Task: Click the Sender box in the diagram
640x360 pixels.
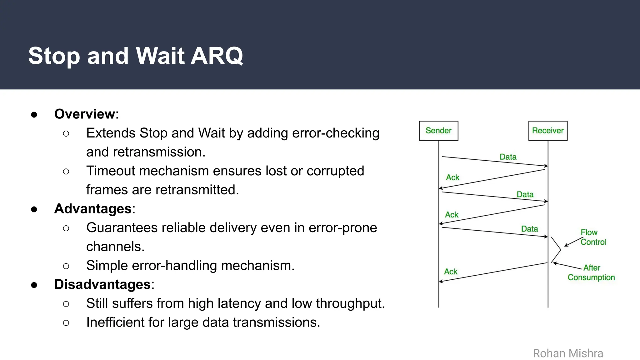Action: tap(438, 131)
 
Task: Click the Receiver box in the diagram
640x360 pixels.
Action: tap(547, 131)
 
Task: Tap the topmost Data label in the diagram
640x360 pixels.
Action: tap(508, 157)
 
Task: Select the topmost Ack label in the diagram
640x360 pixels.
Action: tap(452, 177)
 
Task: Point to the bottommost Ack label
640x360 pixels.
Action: tap(451, 272)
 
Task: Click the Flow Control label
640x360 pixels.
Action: tap(593, 237)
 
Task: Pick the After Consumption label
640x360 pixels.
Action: tap(591, 272)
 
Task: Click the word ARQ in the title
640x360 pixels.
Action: tap(217, 56)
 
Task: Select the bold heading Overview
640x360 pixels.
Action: tap(85, 114)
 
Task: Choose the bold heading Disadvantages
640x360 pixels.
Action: tap(102, 284)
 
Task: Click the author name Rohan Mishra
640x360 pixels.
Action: tap(568, 353)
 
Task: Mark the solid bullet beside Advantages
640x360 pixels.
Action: tap(34, 209)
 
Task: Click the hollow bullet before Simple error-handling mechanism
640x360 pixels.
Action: tap(66, 266)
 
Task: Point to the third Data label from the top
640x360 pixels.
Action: tap(529, 229)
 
